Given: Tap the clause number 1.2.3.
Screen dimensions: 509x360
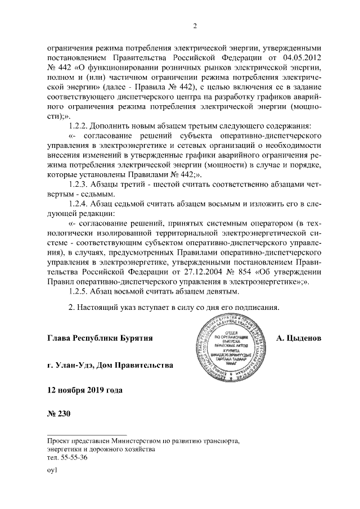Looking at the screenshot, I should [78, 184].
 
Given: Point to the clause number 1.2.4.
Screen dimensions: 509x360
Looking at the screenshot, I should [78, 203].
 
